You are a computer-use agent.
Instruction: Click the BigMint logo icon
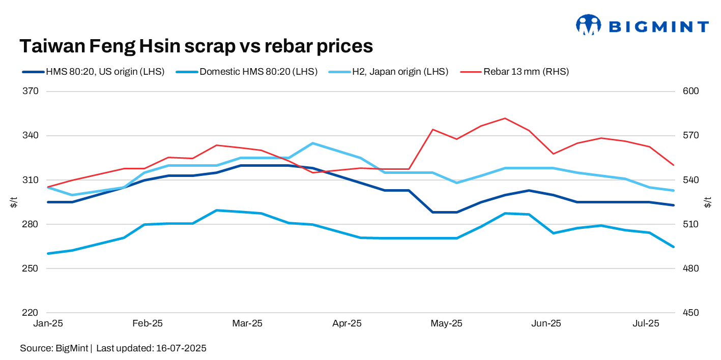(x=588, y=25)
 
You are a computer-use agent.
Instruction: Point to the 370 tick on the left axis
(x=31, y=92)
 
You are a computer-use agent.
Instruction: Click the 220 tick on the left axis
(x=31, y=313)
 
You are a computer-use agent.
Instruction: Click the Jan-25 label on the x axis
(x=47, y=323)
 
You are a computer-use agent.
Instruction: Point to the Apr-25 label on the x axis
(x=347, y=323)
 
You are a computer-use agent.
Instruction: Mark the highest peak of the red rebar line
(x=504, y=118)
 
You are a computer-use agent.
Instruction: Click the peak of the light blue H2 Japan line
(x=312, y=143)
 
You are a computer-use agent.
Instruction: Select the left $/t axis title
(x=14, y=202)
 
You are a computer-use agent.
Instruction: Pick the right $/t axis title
(x=708, y=202)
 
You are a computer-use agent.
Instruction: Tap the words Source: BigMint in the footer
(x=54, y=348)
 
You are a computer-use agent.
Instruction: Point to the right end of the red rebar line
(x=674, y=165)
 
